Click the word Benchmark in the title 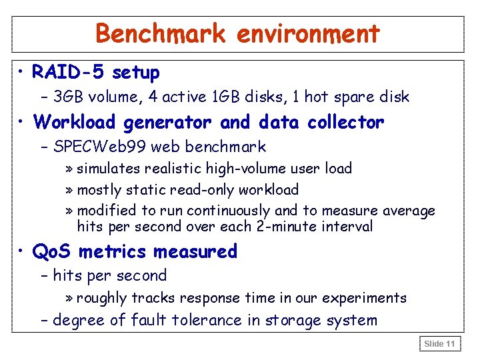tap(160, 33)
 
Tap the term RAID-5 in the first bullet tap(69, 72)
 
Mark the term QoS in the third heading tap(53, 252)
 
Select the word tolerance tap(207, 321)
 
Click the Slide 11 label tap(439, 343)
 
